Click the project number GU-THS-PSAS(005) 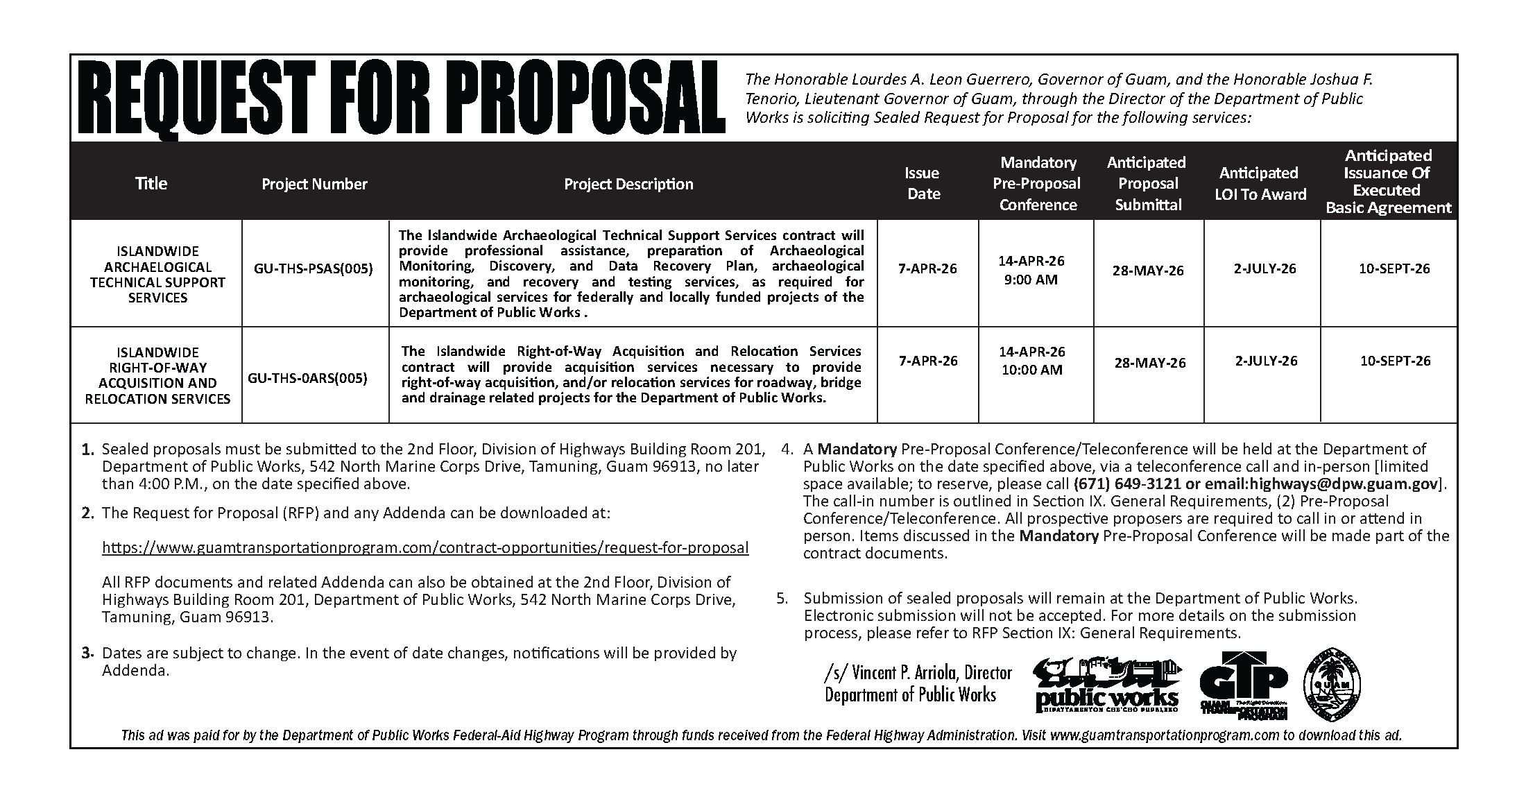pyautogui.click(x=314, y=268)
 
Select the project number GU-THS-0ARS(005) pyautogui.click(x=307, y=378)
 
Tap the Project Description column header pyautogui.click(x=628, y=184)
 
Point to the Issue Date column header pyautogui.click(x=923, y=183)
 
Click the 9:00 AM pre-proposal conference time pyautogui.click(x=1031, y=280)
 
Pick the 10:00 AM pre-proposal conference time pyautogui.click(x=1031, y=370)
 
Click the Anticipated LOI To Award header pyautogui.click(x=1260, y=183)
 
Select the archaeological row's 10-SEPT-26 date pyautogui.click(x=1394, y=268)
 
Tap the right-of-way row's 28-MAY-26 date pyautogui.click(x=1150, y=362)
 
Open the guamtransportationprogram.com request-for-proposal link pyautogui.click(x=425, y=547)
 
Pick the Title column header pyautogui.click(x=151, y=183)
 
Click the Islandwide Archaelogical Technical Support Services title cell pyautogui.click(x=157, y=274)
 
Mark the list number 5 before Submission pyautogui.click(x=782, y=598)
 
